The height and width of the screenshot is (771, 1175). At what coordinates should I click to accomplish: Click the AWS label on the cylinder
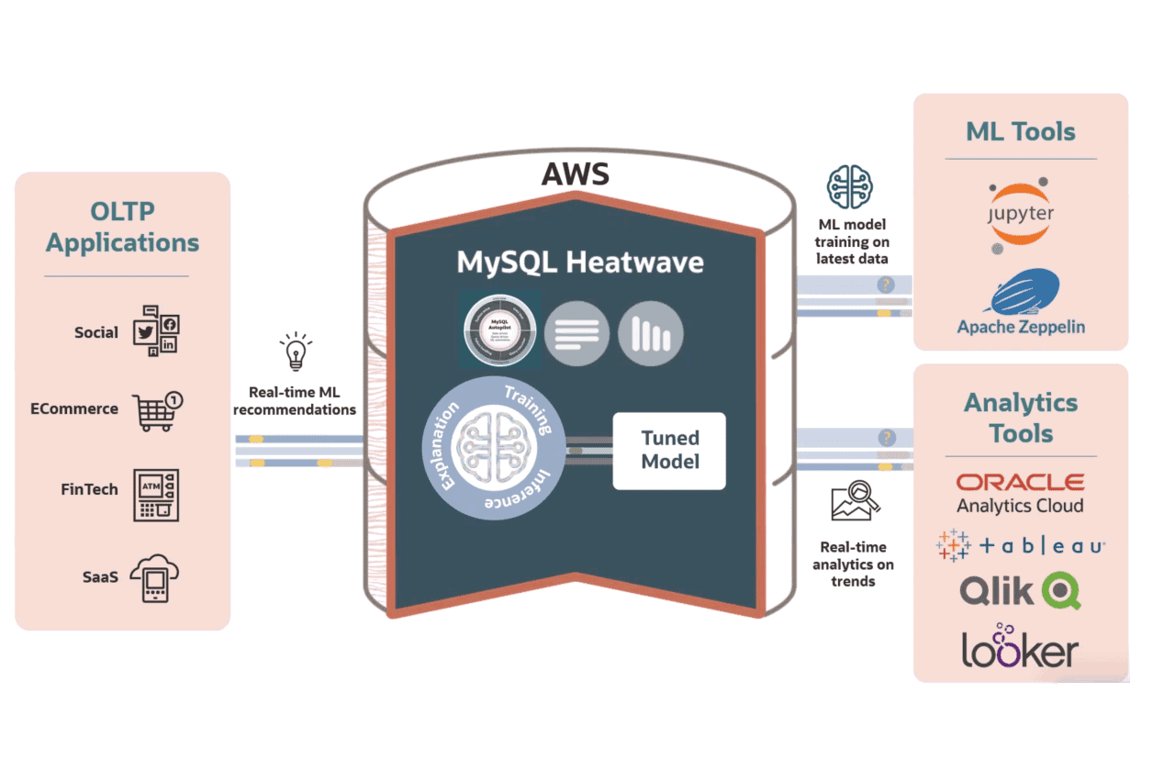576,173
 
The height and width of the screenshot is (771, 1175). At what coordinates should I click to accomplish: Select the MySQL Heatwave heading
580,263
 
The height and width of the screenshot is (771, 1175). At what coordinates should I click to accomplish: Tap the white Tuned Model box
669,450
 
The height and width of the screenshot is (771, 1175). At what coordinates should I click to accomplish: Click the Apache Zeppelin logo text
1020,327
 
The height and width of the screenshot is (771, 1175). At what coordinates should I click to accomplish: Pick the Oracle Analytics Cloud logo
1020,493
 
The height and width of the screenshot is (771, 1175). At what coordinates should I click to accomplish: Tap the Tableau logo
1020,545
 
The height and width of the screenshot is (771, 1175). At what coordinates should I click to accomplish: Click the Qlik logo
1020,590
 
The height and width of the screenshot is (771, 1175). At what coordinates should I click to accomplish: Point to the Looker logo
1020,645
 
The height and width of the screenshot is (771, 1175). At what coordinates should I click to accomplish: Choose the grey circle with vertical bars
651,333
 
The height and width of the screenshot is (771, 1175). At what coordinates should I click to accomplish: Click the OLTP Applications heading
122,227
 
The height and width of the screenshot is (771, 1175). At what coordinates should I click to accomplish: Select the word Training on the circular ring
527,409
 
